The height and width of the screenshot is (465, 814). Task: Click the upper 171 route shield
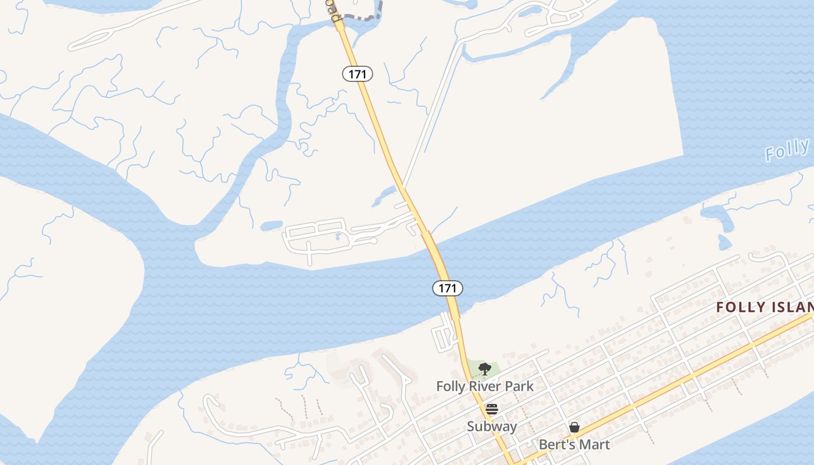357,74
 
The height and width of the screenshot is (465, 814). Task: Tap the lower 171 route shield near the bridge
448,288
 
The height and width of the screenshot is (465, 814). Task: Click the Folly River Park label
485,386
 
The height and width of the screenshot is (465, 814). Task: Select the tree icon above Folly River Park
484,369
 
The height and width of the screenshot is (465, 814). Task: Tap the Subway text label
492,427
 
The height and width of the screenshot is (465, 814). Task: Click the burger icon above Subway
492,409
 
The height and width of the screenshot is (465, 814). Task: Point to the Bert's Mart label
574,445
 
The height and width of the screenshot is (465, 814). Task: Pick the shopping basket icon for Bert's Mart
574,428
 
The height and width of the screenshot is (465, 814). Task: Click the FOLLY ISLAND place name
765,307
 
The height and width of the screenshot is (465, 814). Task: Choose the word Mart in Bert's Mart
595,445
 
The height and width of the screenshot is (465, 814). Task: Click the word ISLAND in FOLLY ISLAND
791,307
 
